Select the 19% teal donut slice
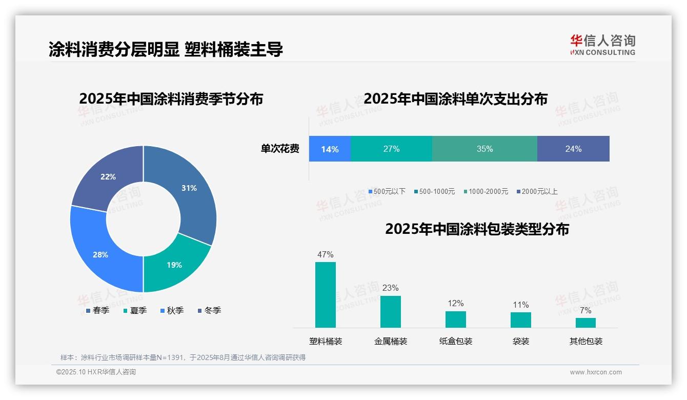click(x=174, y=265)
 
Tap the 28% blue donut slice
click(x=100, y=254)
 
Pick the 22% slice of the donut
click(x=108, y=177)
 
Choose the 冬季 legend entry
click(x=209, y=310)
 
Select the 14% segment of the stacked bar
click(x=330, y=149)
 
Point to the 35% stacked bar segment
click(x=484, y=149)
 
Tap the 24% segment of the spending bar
click(x=573, y=149)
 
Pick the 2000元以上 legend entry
click(x=537, y=191)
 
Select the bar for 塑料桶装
click(x=326, y=294)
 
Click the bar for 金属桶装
click(x=391, y=311)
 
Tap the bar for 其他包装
click(x=585, y=323)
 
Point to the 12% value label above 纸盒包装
click(x=455, y=304)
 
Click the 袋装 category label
click(x=521, y=341)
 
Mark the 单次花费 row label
click(x=280, y=149)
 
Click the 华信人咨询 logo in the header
click(x=602, y=45)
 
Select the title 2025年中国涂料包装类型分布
click(x=477, y=229)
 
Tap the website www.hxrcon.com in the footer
click(x=596, y=372)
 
